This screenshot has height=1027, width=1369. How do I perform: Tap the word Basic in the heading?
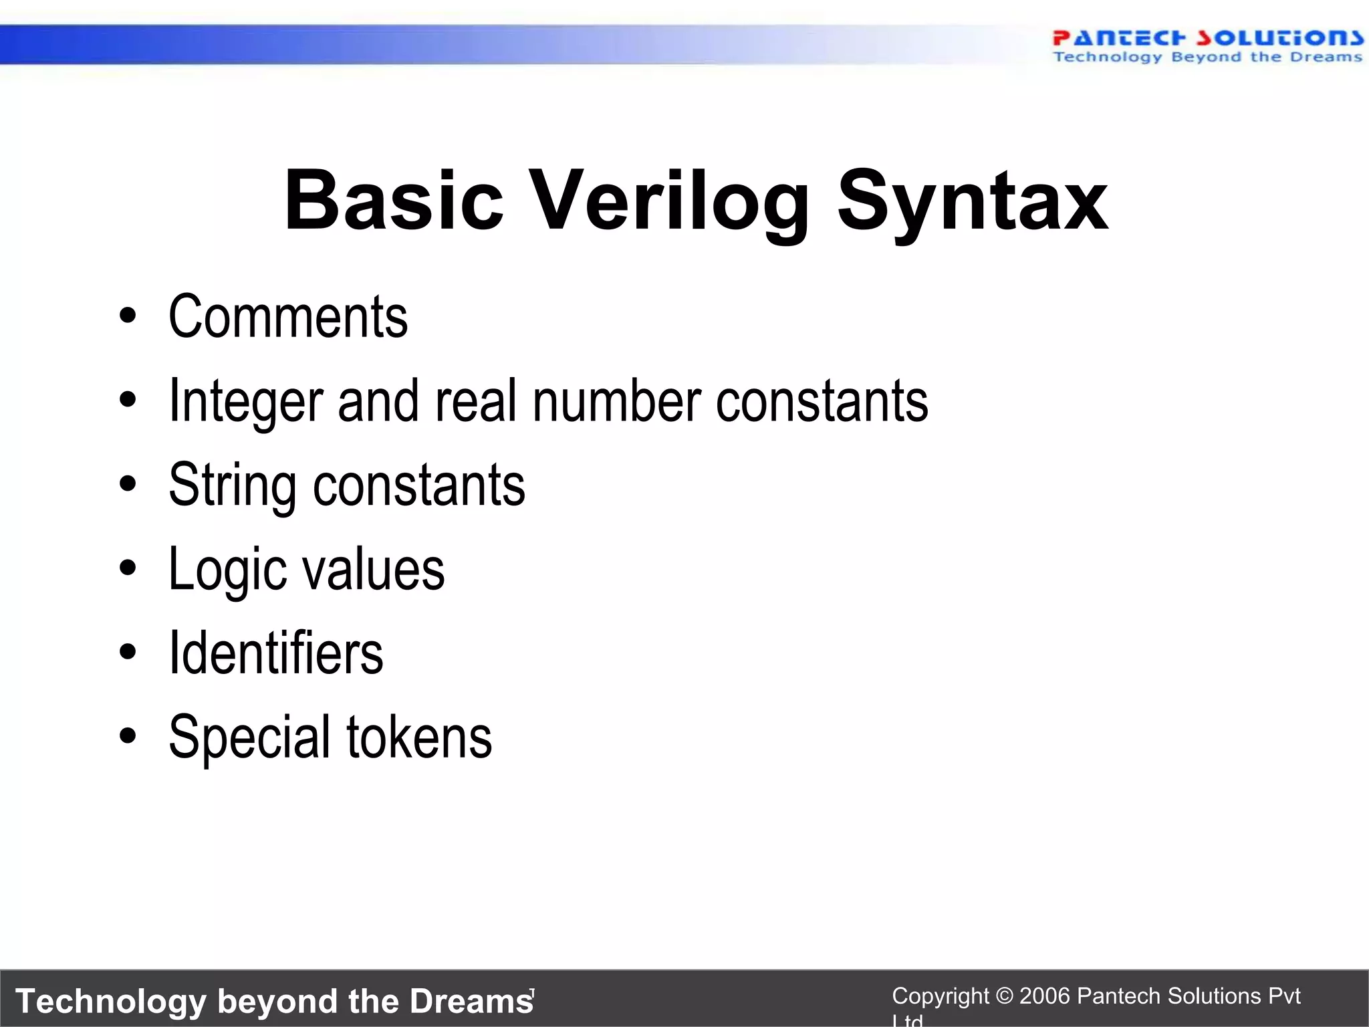pyautogui.click(x=394, y=201)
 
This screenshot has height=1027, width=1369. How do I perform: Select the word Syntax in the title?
pyautogui.click(x=973, y=201)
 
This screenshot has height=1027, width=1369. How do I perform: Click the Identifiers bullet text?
pyautogui.click(x=276, y=653)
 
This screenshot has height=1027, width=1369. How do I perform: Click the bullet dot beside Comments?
pyautogui.click(x=128, y=316)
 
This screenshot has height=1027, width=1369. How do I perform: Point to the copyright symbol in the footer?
pyautogui.click(x=1004, y=996)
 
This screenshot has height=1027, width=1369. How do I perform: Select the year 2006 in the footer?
pyautogui.click(x=1045, y=996)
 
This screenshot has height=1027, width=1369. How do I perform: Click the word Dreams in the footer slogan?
pyautogui.click(x=471, y=1001)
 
